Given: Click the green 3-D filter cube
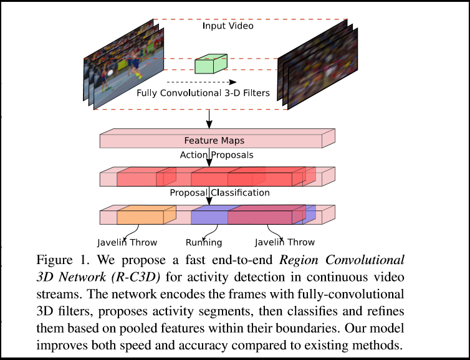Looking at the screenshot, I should pyautogui.click(x=211, y=65).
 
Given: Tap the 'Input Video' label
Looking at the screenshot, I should pyautogui.click(x=228, y=27).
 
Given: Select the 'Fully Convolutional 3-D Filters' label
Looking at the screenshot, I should pyautogui.click(x=203, y=93).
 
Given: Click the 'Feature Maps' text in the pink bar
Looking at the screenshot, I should pyautogui.click(x=211, y=141).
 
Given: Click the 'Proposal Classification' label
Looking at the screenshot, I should pyautogui.click(x=211, y=192).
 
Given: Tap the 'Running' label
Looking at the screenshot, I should pyautogui.click(x=204, y=242).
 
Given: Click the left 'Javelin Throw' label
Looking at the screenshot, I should pyautogui.click(x=127, y=242).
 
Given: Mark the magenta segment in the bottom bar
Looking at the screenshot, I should pyautogui.click(x=261, y=217).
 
